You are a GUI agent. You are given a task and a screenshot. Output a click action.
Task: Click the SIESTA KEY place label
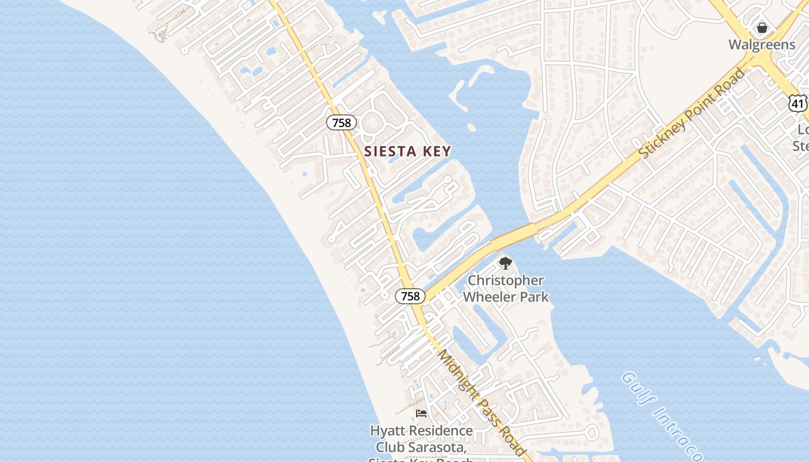[407, 151]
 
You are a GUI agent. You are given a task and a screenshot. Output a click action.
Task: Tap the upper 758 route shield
[342, 122]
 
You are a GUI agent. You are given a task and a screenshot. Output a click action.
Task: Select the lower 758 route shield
[410, 296]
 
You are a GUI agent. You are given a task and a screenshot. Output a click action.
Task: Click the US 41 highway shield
[798, 104]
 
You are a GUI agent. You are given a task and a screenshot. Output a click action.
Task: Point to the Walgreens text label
[762, 44]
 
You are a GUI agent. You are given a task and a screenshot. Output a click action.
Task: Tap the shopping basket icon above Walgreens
[762, 28]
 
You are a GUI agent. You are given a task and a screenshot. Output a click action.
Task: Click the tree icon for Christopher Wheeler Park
[506, 264]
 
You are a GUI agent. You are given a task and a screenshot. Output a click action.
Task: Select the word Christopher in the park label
[506, 281]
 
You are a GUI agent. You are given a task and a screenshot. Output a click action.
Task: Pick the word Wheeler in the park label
[491, 297]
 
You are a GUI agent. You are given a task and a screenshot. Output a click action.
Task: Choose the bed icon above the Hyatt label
[421, 413]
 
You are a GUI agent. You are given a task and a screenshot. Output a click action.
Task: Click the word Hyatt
[388, 431]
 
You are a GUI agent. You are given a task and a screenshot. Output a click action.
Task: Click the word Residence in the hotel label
[440, 431]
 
